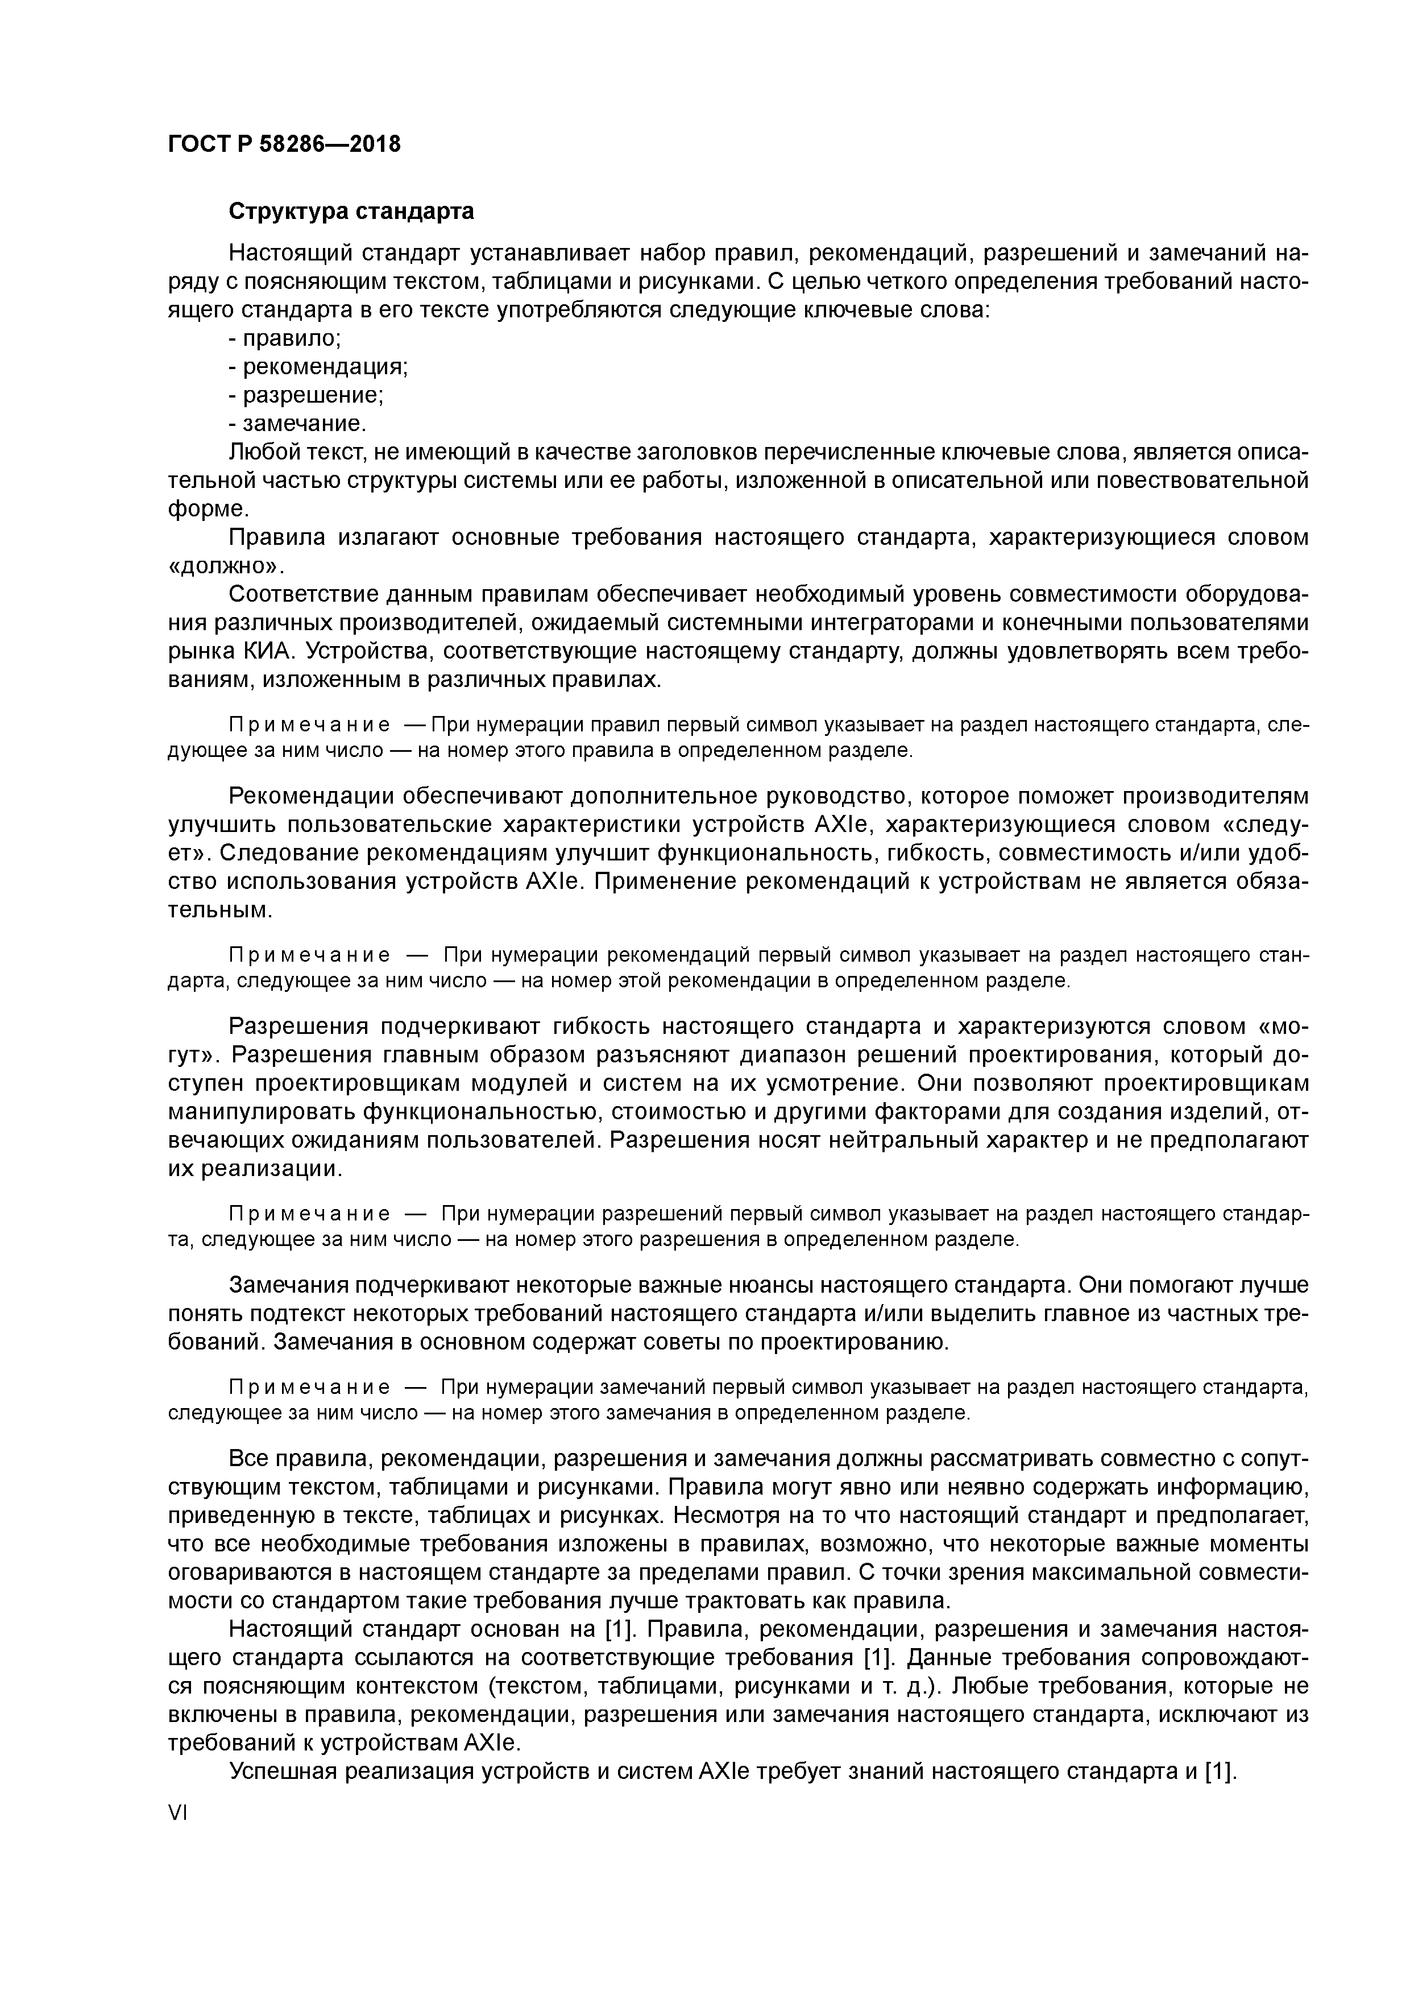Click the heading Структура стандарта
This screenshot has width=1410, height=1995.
(350, 211)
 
